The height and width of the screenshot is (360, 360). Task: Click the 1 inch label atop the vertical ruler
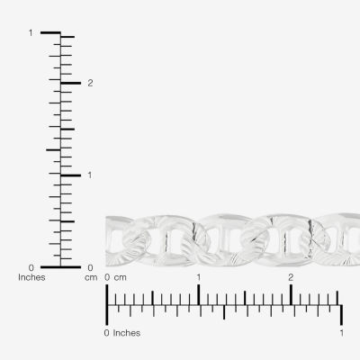(x=31, y=32)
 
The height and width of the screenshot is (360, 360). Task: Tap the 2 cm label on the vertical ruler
(x=90, y=83)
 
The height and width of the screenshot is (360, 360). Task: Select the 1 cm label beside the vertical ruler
(x=89, y=175)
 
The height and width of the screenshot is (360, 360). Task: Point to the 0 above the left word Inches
(x=31, y=267)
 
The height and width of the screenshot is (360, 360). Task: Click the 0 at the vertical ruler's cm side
(x=90, y=267)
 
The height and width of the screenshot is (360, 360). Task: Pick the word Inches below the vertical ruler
(x=31, y=277)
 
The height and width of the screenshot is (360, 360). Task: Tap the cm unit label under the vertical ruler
(x=91, y=278)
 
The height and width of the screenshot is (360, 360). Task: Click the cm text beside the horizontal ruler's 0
(x=120, y=278)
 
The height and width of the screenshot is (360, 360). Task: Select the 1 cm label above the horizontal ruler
(x=198, y=277)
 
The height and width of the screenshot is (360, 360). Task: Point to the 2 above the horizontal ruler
(x=291, y=277)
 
